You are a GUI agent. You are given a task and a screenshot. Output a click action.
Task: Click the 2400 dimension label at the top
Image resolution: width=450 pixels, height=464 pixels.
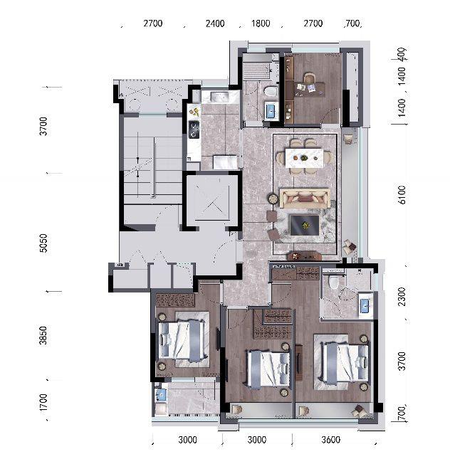215,23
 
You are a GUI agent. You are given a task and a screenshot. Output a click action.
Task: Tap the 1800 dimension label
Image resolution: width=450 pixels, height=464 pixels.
261,23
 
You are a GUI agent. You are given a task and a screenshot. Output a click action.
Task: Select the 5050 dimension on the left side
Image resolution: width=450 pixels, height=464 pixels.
43,243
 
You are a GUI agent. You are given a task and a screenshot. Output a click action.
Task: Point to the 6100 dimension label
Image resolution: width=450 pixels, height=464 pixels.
402,195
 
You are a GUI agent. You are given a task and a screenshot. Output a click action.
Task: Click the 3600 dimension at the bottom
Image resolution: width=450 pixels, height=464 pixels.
330,440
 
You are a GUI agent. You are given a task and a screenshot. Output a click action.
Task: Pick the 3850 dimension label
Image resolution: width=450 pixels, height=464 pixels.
43,336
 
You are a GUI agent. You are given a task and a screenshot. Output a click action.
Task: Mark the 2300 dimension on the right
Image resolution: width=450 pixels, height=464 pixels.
402,297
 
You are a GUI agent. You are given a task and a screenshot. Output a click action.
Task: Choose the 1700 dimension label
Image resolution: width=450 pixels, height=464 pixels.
43,402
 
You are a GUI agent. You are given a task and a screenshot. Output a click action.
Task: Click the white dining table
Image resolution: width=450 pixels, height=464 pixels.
304,158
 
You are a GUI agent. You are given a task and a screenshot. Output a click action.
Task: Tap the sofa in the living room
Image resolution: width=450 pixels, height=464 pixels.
305,198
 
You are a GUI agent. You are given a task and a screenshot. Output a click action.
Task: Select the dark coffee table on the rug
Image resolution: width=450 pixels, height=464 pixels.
305,225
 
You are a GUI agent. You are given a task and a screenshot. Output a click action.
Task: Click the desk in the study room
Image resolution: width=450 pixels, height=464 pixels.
310,90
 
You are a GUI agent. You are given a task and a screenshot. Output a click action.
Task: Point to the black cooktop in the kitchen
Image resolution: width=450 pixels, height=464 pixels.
194,130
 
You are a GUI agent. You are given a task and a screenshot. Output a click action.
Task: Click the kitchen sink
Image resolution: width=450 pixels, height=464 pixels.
220,97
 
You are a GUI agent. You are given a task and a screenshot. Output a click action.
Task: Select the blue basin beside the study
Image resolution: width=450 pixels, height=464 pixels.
271,111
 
